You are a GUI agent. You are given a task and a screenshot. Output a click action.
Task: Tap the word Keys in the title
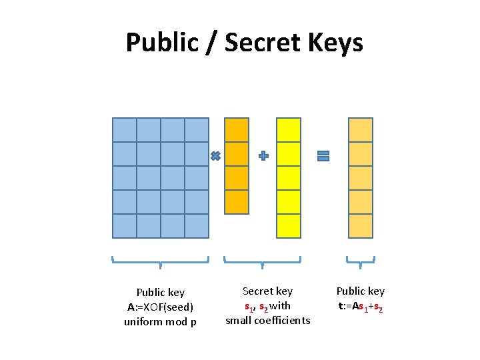(335, 43)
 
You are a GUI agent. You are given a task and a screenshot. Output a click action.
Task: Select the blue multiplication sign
(215, 156)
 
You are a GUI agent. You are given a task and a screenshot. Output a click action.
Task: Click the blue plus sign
(263, 156)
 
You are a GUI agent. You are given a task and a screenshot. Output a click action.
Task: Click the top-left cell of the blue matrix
(125, 130)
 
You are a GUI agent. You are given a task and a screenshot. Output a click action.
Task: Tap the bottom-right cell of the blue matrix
(197, 226)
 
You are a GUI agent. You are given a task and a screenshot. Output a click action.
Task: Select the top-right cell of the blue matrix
(197, 130)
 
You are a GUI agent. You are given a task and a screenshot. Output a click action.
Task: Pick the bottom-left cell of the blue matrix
(125, 226)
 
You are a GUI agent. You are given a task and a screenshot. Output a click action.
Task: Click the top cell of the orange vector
(237, 130)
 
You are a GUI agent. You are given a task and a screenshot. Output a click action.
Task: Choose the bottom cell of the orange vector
(237, 202)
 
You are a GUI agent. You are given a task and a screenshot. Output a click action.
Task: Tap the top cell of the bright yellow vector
(289, 130)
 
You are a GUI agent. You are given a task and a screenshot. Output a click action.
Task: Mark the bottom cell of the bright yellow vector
(289, 226)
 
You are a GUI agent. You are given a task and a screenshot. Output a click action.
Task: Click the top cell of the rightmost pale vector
(361, 130)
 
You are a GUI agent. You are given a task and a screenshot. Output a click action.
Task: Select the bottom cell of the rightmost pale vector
(361, 226)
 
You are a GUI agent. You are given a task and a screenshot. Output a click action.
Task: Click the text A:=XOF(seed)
(160, 307)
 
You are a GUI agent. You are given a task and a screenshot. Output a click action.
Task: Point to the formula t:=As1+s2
(360, 307)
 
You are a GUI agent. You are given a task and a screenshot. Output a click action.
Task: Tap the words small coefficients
(267, 321)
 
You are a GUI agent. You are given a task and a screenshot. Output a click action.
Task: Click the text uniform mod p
(160, 322)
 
